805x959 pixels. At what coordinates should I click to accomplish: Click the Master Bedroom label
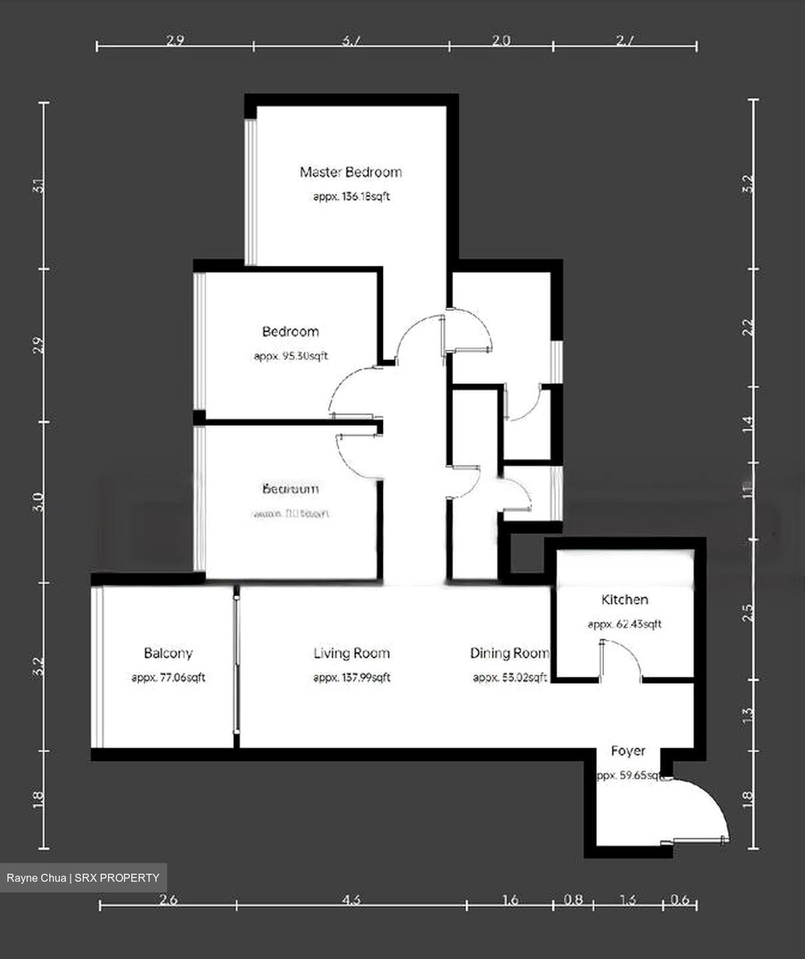coord(350,172)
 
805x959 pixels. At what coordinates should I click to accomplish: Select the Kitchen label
coord(624,599)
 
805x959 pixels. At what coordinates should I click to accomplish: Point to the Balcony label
coord(168,653)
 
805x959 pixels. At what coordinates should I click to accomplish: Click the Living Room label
coord(352,653)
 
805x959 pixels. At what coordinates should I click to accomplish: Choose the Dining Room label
coord(509,653)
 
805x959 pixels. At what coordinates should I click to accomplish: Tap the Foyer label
coord(628,751)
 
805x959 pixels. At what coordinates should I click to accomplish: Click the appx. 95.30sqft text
coord(291,356)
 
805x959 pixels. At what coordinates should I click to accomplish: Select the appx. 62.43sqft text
coord(624,625)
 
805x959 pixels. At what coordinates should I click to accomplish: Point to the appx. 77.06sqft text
coord(168,678)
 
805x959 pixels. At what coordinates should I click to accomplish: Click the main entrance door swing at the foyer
coord(702,809)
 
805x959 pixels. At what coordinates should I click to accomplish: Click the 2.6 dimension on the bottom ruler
coord(168,900)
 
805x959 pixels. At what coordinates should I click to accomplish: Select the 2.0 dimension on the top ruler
coord(501,41)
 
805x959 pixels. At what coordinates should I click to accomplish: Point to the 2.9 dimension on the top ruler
coord(174,41)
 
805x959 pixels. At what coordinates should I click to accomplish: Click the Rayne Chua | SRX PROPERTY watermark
coord(83,878)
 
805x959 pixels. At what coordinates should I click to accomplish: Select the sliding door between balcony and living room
coord(236,666)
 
